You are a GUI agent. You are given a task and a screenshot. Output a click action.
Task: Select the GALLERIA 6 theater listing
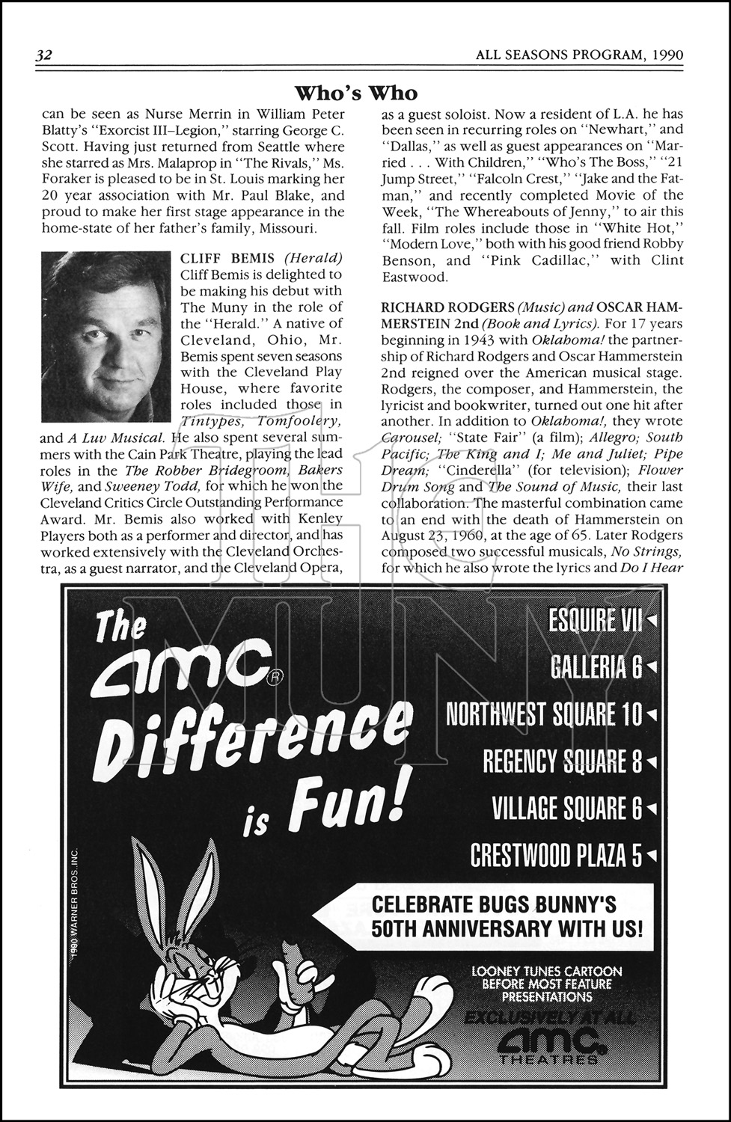596,667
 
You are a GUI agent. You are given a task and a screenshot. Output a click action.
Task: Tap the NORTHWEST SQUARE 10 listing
544,714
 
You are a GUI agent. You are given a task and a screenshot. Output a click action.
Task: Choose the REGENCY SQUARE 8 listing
563,761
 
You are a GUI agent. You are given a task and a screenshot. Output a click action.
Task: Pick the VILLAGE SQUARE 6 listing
567,809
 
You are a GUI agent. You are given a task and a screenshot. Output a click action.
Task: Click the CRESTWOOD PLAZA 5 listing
556,855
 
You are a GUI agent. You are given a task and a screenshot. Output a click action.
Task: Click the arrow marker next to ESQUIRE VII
651,621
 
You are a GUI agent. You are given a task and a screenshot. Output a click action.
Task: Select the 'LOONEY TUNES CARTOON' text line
547,972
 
